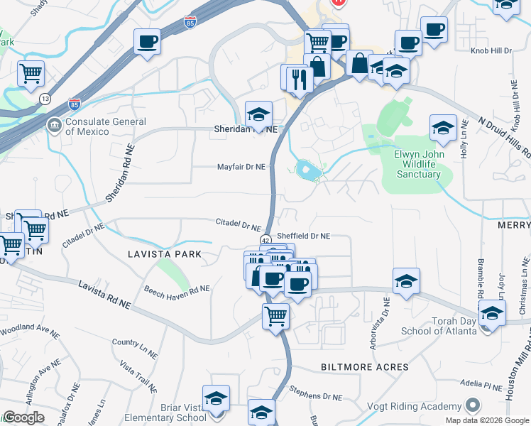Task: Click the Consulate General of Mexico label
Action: point(87,126)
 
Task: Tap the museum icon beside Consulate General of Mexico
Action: point(54,126)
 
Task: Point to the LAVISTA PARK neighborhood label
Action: point(164,253)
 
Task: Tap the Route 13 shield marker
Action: point(45,98)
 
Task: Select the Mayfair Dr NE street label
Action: point(241,167)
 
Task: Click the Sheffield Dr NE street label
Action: point(303,236)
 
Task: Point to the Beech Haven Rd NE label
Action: point(177,289)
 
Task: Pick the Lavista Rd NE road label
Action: point(105,294)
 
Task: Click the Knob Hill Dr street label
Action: point(491,51)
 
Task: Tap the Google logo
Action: point(23,417)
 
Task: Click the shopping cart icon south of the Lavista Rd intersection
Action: point(275,316)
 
